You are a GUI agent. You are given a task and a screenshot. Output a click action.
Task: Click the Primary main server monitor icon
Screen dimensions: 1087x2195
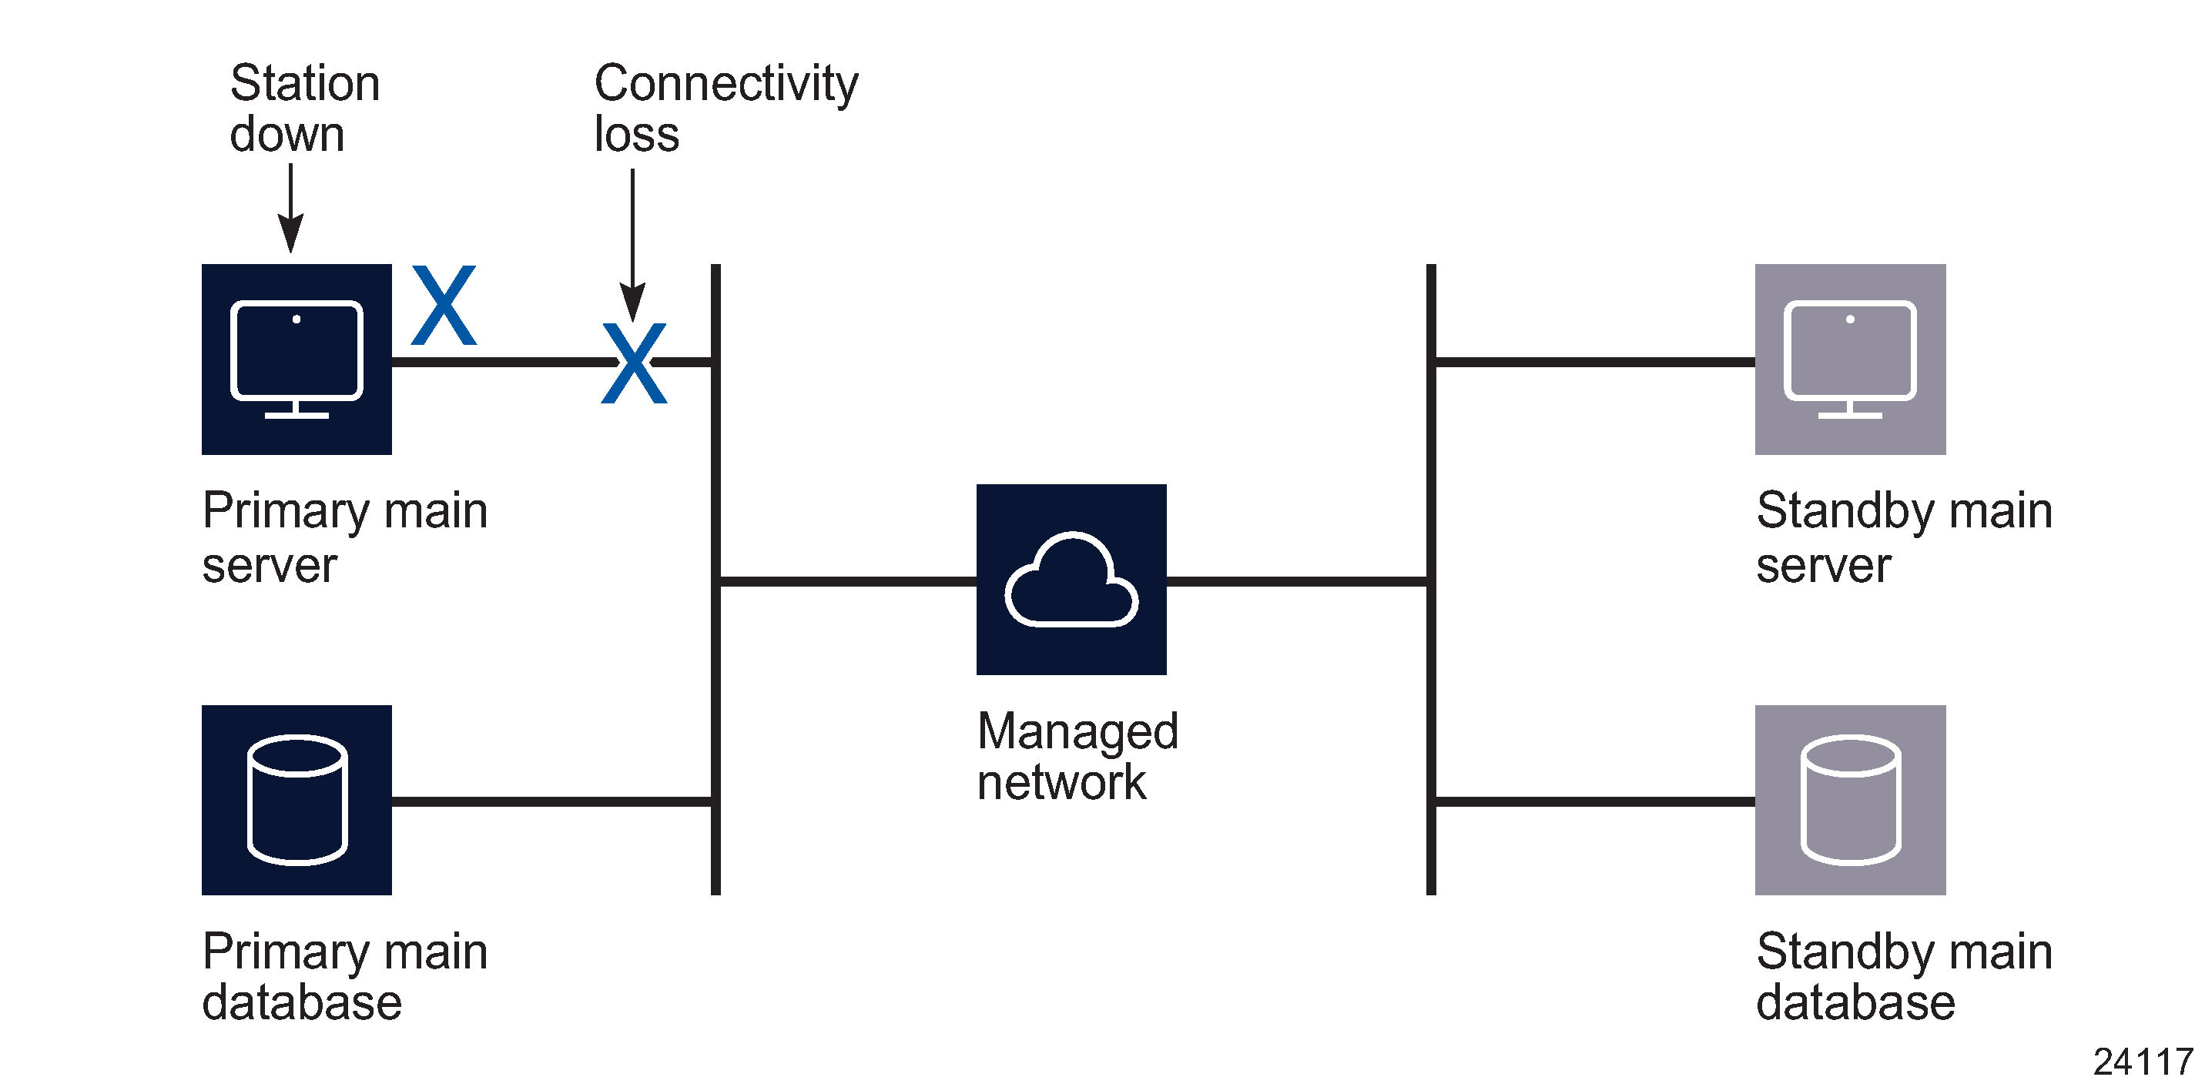click(x=297, y=359)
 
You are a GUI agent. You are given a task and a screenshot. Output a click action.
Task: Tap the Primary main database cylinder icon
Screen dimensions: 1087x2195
click(x=297, y=799)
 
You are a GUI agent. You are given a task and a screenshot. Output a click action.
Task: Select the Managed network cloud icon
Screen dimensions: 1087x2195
click(x=1071, y=579)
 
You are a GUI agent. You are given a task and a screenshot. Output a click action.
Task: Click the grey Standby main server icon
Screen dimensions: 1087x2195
click(x=1850, y=359)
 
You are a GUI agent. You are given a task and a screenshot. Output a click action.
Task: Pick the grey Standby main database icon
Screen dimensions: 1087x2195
click(x=1850, y=799)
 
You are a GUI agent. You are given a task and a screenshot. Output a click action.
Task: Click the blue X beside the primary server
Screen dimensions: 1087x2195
click(x=444, y=305)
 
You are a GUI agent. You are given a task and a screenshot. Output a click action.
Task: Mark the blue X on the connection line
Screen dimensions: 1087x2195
click(x=634, y=363)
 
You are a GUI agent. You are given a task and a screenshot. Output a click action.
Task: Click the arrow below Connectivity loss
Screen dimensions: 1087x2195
click(x=632, y=247)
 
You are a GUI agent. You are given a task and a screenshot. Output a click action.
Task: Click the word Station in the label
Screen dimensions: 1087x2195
click(x=304, y=83)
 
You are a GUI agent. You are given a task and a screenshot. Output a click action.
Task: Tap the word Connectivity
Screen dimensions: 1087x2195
click(x=726, y=83)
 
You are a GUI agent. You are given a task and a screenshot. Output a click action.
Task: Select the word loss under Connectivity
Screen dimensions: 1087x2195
click(x=635, y=135)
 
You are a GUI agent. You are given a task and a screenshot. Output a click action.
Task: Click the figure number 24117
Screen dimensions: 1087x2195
click(x=2142, y=1062)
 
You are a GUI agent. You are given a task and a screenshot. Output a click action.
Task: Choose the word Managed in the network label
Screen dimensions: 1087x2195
click(x=1077, y=731)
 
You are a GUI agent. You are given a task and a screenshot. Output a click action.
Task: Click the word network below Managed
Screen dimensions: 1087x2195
click(x=1061, y=782)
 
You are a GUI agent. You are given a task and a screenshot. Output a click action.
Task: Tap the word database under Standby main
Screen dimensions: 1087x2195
click(x=1855, y=1002)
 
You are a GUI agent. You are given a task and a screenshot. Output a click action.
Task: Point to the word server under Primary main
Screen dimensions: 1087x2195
click(x=270, y=566)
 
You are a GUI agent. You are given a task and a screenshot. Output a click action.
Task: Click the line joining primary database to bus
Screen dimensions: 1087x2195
click(x=551, y=801)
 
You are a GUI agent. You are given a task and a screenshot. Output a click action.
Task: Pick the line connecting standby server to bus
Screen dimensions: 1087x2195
click(x=1593, y=362)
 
